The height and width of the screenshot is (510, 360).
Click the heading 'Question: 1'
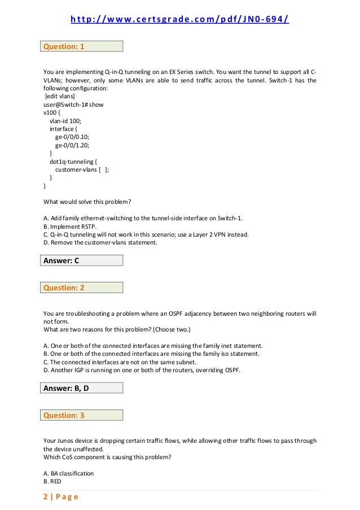click(83, 46)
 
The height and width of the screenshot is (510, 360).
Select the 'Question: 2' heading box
click(83, 287)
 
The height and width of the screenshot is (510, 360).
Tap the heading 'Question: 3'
click(83, 415)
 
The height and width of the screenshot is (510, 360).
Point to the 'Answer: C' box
click(83, 260)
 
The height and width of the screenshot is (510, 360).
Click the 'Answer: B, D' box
click(83, 388)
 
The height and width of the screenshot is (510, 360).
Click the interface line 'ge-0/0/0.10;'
click(72, 137)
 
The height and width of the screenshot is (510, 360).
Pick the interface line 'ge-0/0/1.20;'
click(72, 145)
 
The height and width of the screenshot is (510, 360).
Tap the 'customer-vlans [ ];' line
click(82, 169)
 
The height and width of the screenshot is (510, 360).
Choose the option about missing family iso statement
click(151, 354)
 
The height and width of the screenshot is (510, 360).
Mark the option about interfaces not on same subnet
click(120, 362)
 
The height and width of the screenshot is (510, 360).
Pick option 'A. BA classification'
click(68, 473)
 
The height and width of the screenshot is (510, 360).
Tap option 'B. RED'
click(52, 481)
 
